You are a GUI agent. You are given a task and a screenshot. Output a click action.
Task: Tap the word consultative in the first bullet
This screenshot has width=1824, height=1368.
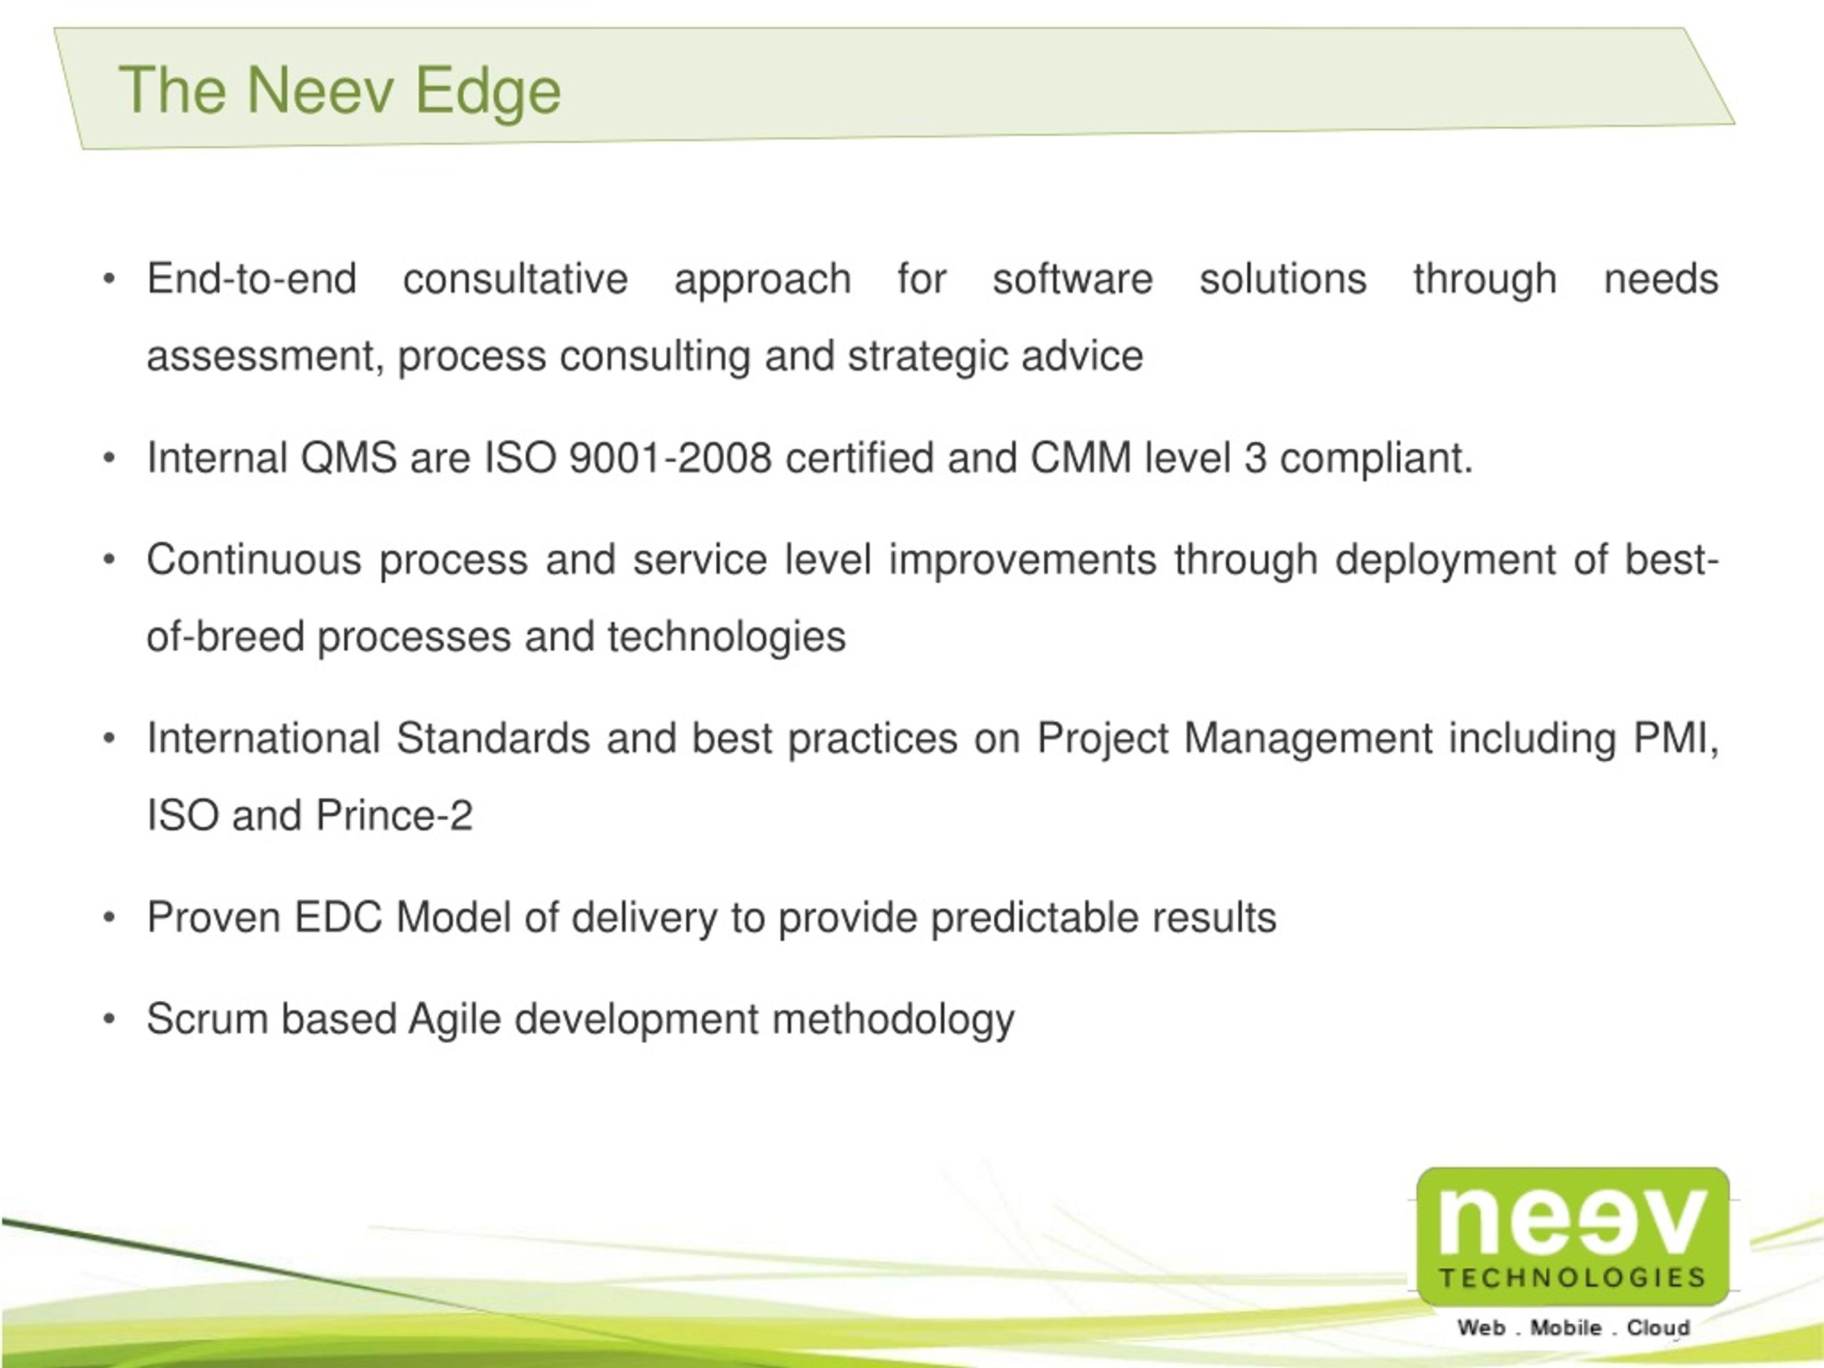(515, 279)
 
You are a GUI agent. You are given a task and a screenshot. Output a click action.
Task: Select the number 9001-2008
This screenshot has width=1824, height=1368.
(670, 458)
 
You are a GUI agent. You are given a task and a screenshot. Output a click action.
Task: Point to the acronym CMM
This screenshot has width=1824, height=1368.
(1081, 458)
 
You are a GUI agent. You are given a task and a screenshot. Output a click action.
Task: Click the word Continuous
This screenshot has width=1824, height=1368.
(254, 560)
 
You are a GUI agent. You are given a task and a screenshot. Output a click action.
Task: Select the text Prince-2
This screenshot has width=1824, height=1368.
(394, 817)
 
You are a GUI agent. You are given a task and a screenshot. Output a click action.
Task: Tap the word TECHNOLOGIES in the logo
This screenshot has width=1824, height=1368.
(1572, 1278)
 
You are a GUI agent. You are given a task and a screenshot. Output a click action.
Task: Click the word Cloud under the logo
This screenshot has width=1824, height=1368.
(1658, 1328)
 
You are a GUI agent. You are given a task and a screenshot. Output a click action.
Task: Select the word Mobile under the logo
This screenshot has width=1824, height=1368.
(1566, 1328)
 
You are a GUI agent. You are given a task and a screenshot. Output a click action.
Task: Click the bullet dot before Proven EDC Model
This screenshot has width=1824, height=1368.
(109, 918)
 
